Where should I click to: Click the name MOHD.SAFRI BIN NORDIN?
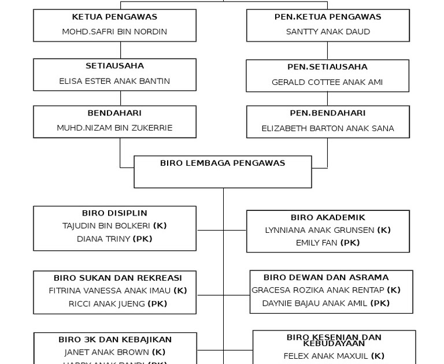(114, 32)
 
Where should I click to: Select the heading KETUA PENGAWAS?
(114, 17)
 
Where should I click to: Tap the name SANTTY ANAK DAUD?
(328, 32)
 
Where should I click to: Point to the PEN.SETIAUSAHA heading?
(327, 67)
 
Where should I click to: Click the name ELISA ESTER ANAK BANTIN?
(114, 81)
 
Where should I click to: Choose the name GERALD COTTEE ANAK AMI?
(327, 82)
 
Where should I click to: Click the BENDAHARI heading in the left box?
(114, 113)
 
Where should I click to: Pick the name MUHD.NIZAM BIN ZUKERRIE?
(114, 128)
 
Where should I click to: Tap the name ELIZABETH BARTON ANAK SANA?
(328, 128)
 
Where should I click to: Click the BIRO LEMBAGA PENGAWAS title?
(223, 163)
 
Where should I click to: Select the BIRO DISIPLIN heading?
(114, 213)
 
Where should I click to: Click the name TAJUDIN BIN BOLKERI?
(106, 226)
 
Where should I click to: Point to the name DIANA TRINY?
(103, 239)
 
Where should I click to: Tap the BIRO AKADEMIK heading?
(328, 218)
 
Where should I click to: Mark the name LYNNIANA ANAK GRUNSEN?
(319, 230)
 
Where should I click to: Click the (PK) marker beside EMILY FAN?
(350, 243)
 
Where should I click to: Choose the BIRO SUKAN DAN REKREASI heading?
(118, 278)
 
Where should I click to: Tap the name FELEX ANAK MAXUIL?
(325, 356)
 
